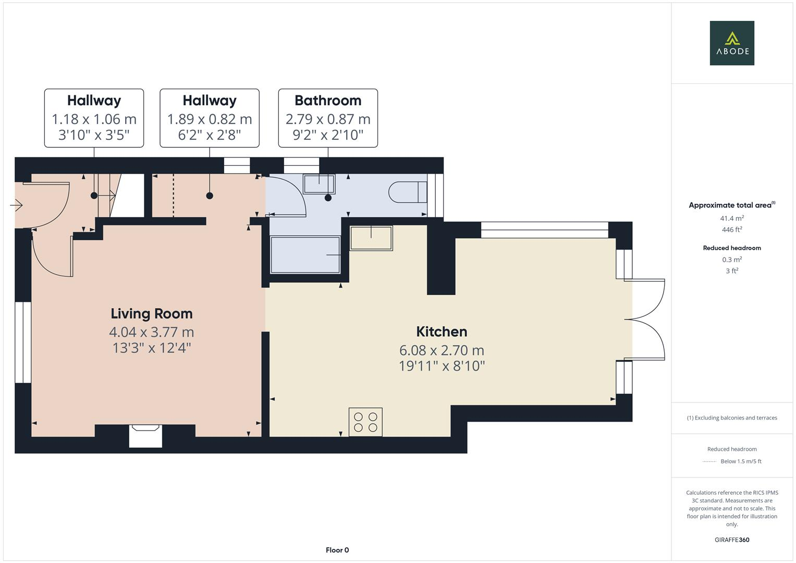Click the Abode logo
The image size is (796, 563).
click(x=732, y=43)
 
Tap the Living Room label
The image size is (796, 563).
click(x=152, y=314)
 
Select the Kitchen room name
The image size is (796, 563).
click(x=442, y=332)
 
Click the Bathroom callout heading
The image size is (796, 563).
click(x=328, y=101)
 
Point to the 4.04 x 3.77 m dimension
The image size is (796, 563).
click(x=152, y=332)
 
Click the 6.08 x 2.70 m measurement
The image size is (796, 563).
click(x=442, y=350)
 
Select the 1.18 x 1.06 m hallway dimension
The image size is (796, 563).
click(x=94, y=119)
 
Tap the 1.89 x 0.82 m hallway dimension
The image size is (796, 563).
click(x=210, y=119)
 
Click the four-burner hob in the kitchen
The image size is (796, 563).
click(x=365, y=422)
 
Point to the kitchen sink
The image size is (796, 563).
click(x=371, y=238)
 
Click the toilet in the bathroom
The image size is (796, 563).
click(x=408, y=191)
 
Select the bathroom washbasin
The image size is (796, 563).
click(x=319, y=184)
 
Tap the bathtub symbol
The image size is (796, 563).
click(x=305, y=254)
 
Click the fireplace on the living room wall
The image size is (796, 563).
click(x=145, y=435)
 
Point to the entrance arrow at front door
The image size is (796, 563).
click(x=16, y=206)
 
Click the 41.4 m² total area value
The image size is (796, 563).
click(x=732, y=218)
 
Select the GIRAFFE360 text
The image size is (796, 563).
click(x=732, y=540)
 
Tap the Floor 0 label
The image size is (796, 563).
click(x=337, y=550)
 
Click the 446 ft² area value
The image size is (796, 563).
click(x=732, y=229)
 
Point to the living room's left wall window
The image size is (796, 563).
click(x=22, y=342)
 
